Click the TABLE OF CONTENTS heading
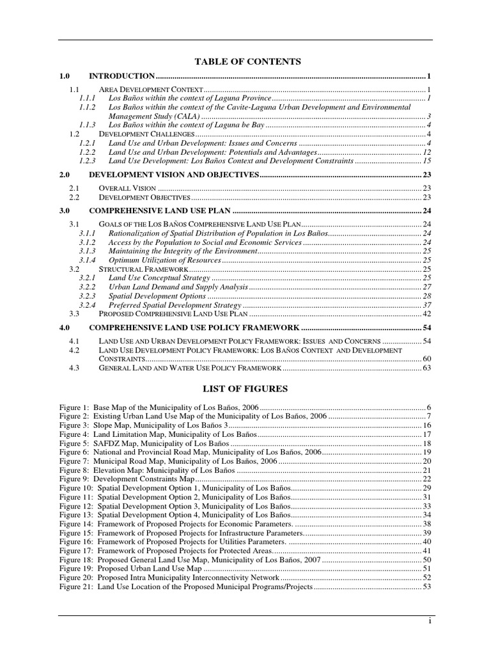(x=246, y=61)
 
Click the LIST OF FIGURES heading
(x=246, y=389)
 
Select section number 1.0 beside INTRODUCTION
(x=64, y=76)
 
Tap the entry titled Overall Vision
(x=128, y=188)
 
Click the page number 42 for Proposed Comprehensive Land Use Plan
(x=427, y=314)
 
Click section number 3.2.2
(x=88, y=287)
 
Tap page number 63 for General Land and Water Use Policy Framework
(x=427, y=368)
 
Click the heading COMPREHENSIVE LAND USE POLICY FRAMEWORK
(x=194, y=327)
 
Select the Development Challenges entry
(x=146, y=134)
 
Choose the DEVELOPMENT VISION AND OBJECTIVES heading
(x=173, y=175)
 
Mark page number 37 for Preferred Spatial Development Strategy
(x=427, y=305)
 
